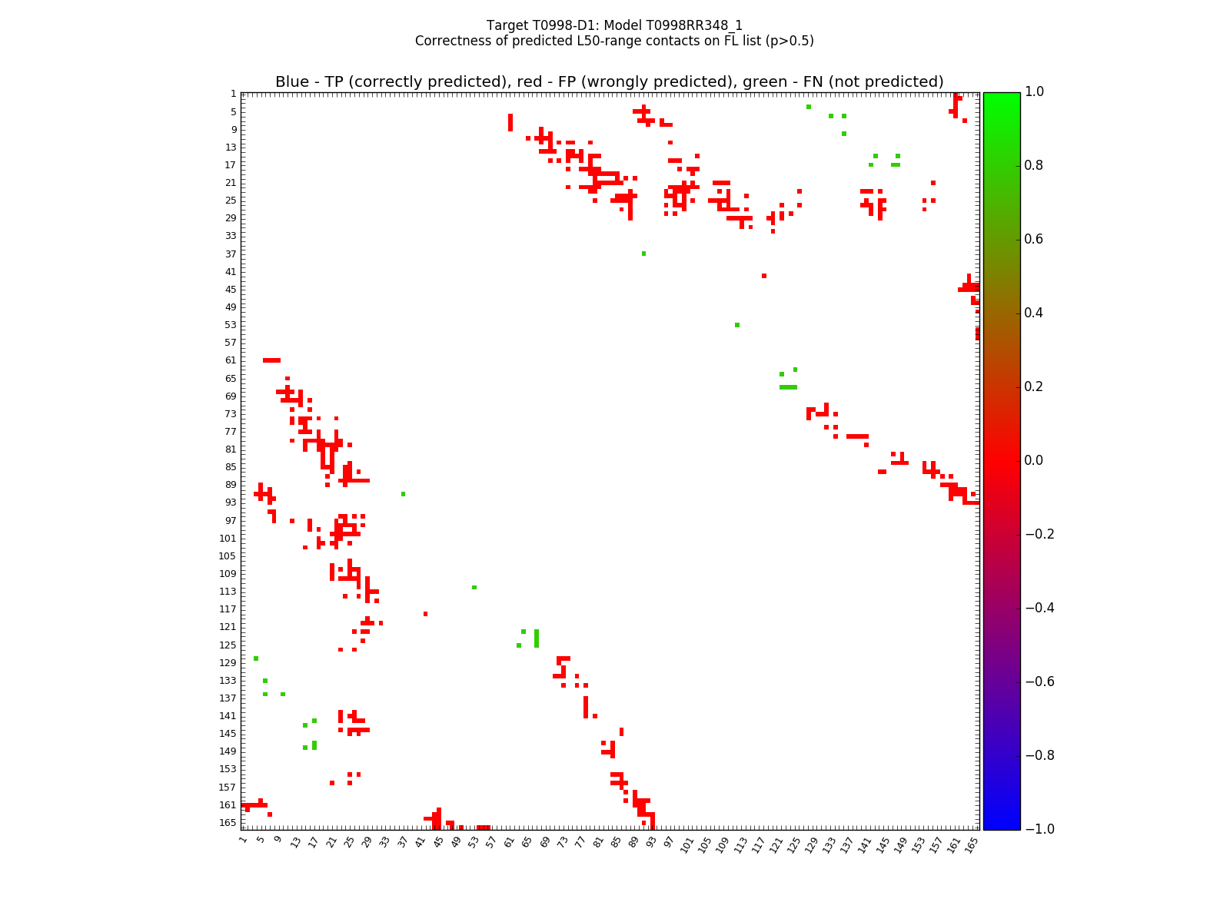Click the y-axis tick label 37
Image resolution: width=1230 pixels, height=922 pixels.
point(231,254)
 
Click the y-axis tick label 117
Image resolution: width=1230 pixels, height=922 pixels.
point(228,609)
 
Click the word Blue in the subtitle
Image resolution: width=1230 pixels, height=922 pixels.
point(292,82)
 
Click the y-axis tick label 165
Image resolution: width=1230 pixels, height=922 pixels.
point(228,823)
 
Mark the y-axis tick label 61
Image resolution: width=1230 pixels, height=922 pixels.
point(231,360)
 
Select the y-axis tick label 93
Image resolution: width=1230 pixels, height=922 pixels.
point(231,502)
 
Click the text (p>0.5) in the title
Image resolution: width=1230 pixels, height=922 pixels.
point(786,41)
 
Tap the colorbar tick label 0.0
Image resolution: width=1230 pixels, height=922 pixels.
point(1035,460)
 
